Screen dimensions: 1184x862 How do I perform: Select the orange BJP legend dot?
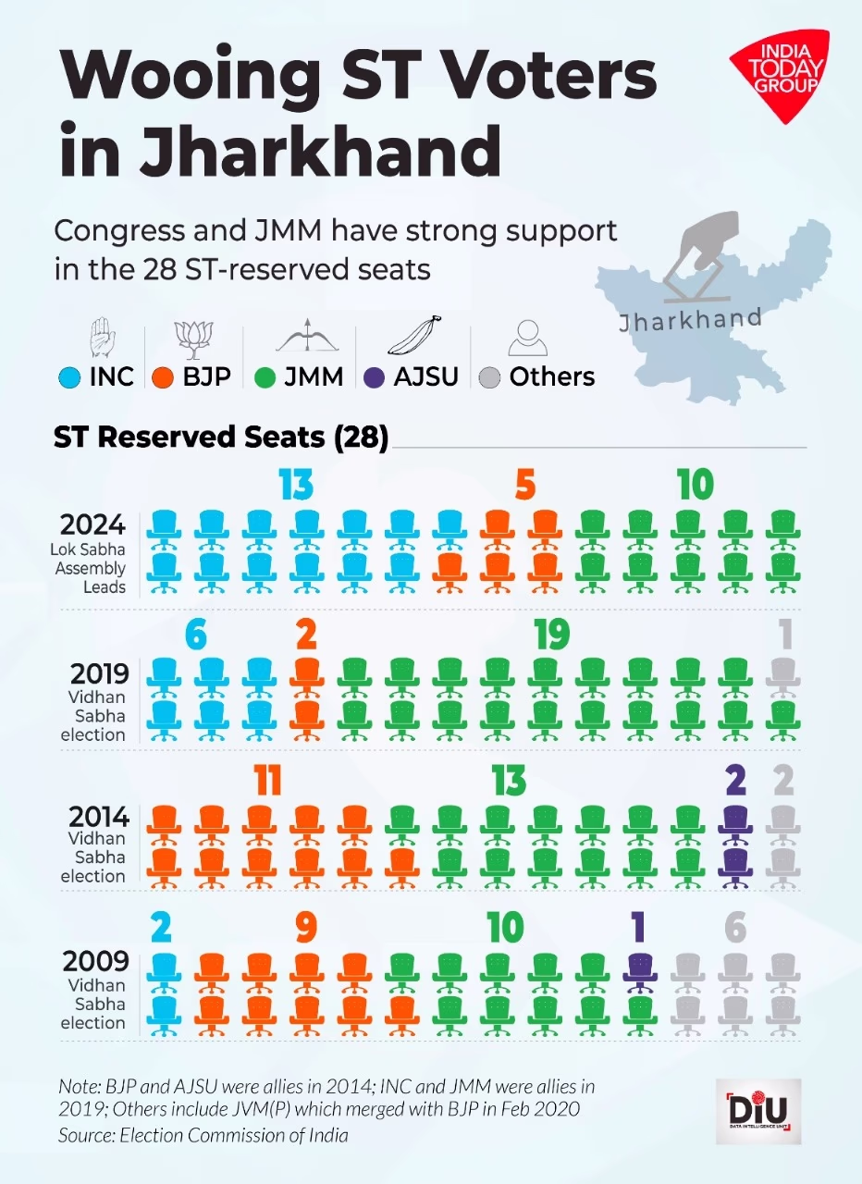(x=164, y=377)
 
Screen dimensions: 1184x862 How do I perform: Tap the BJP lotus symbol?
(x=194, y=339)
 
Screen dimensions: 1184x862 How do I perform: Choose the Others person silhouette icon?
(x=528, y=339)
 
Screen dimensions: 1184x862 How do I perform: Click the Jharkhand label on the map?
(x=690, y=320)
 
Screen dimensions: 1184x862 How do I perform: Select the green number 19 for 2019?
(x=552, y=635)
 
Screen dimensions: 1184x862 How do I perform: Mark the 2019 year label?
(x=94, y=672)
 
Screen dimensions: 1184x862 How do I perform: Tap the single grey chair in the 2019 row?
(x=783, y=676)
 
